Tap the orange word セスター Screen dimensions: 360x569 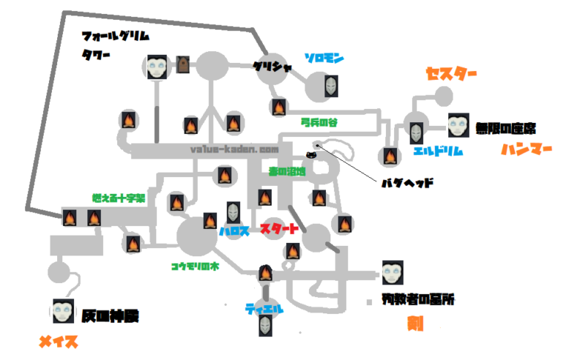450,74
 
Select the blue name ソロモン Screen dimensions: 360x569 324,58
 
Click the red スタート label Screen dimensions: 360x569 280,230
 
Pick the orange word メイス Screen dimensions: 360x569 59,342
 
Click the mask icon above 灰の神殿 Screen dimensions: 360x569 62,310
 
